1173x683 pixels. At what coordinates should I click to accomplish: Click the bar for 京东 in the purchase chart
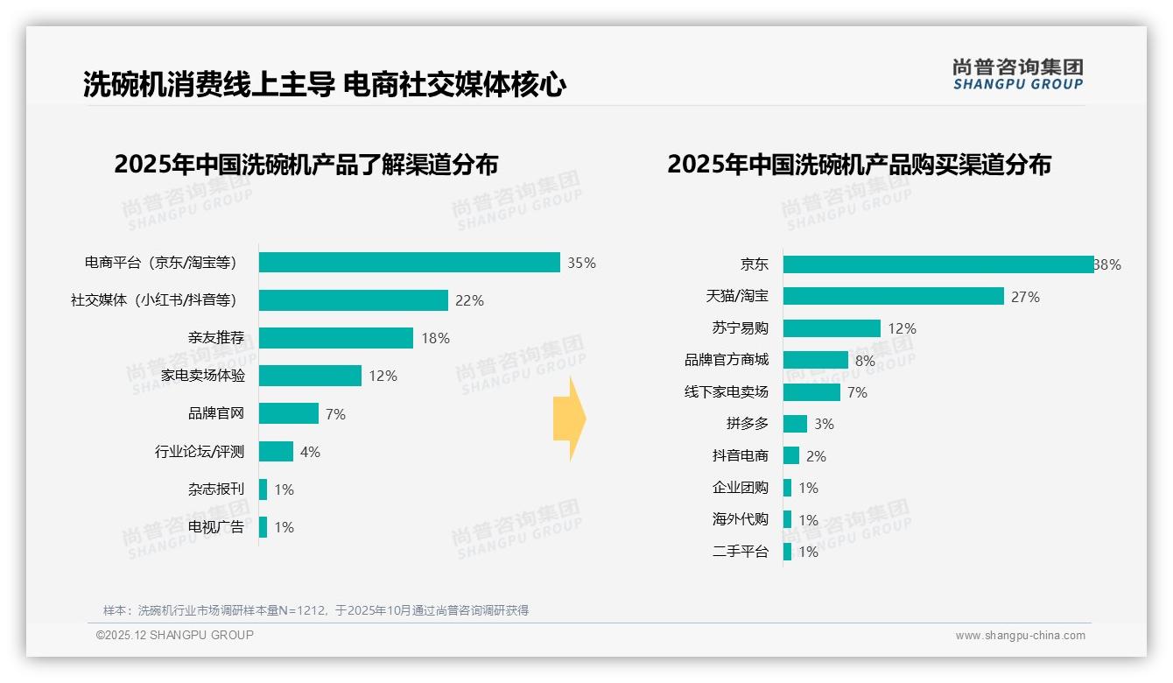pyautogui.click(x=938, y=264)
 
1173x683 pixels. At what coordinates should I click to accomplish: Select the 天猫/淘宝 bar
pyautogui.click(x=893, y=296)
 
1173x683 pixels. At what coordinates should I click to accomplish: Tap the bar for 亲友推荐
pyautogui.click(x=336, y=338)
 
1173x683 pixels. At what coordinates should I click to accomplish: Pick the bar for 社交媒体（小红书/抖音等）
pyautogui.click(x=354, y=300)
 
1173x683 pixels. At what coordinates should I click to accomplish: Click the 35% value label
pyautogui.click(x=581, y=263)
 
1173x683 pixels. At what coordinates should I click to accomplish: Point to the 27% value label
pyautogui.click(x=1025, y=297)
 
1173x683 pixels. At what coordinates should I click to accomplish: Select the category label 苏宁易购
pyautogui.click(x=740, y=328)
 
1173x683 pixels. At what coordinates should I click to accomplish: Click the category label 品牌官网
pyautogui.click(x=216, y=414)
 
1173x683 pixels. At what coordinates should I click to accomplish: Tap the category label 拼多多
pyautogui.click(x=747, y=424)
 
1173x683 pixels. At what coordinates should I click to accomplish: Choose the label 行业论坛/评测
pyautogui.click(x=200, y=452)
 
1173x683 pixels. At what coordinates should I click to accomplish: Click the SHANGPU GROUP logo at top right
pyautogui.click(x=1017, y=74)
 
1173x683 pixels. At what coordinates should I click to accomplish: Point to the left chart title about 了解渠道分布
pyautogui.click(x=306, y=165)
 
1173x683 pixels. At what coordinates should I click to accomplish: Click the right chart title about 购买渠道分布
pyautogui.click(x=859, y=165)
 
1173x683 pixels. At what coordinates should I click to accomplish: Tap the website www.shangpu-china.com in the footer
pyautogui.click(x=1020, y=636)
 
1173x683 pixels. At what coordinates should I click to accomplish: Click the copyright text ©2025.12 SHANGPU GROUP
pyautogui.click(x=175, y=635)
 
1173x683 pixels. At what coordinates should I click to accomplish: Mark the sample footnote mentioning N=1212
pyautogui.click(x=316, y=610)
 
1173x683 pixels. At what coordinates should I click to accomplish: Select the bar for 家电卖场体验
pyautogui.click(x=310, y=376)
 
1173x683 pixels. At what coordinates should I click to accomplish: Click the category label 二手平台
pyautogui.click(x=740, y=552)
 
